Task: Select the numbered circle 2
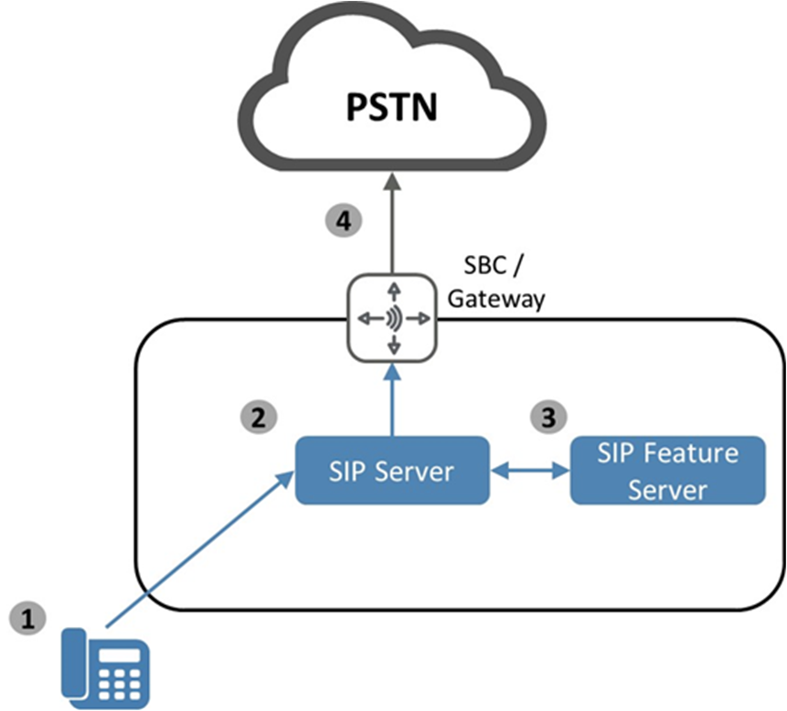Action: point(259,418)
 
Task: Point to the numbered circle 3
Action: point(548,418)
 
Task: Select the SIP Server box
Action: point(392,471)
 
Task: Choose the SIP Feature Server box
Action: point(667,471)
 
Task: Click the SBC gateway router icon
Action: point(394,318)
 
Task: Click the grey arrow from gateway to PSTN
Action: point(393,228)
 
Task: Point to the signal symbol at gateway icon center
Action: point(394,318)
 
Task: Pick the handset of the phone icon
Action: point(76,662)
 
